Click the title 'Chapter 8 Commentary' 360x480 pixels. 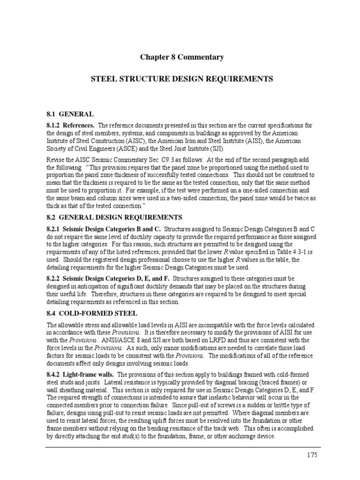point(182,57)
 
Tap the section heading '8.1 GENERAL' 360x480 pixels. point(70,114)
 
